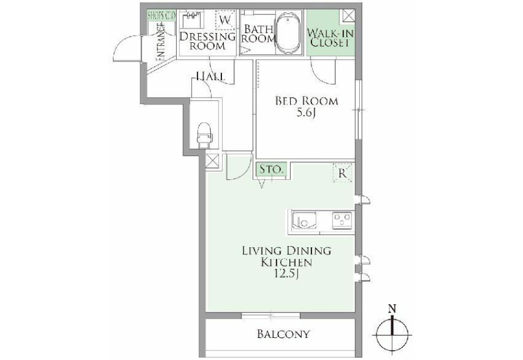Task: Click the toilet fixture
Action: click(205, 135)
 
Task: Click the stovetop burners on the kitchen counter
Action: click(342, 221)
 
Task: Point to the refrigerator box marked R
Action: click(342, 172)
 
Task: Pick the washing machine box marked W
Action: click(225, 20)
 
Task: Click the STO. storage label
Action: click(271, 169)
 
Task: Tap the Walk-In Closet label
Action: click(330, 38)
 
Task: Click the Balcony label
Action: click(284, 334)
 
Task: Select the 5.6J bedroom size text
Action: click(306, 113)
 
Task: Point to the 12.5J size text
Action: click(285, 274)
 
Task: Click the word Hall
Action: click(210, 77)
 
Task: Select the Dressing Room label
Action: click(207, 41)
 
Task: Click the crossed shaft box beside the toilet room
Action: click(213, 161)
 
